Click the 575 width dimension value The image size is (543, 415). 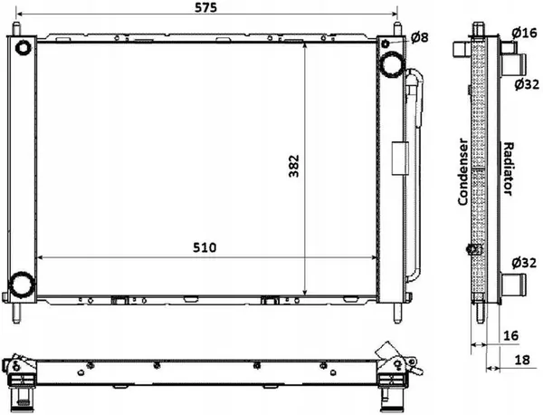[205, 8]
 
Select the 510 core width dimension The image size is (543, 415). [205, 246]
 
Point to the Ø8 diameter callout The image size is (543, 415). [419, 37]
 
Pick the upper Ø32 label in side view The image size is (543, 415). [527, 84]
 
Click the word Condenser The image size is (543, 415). [463, 171]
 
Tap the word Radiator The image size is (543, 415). [509, 169]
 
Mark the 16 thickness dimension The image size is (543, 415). [510, 336]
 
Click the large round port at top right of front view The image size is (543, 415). [392, 63]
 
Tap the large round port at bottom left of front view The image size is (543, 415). [20, 286]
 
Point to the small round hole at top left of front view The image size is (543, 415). [22, 48]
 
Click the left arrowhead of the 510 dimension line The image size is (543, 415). [38, 258]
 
